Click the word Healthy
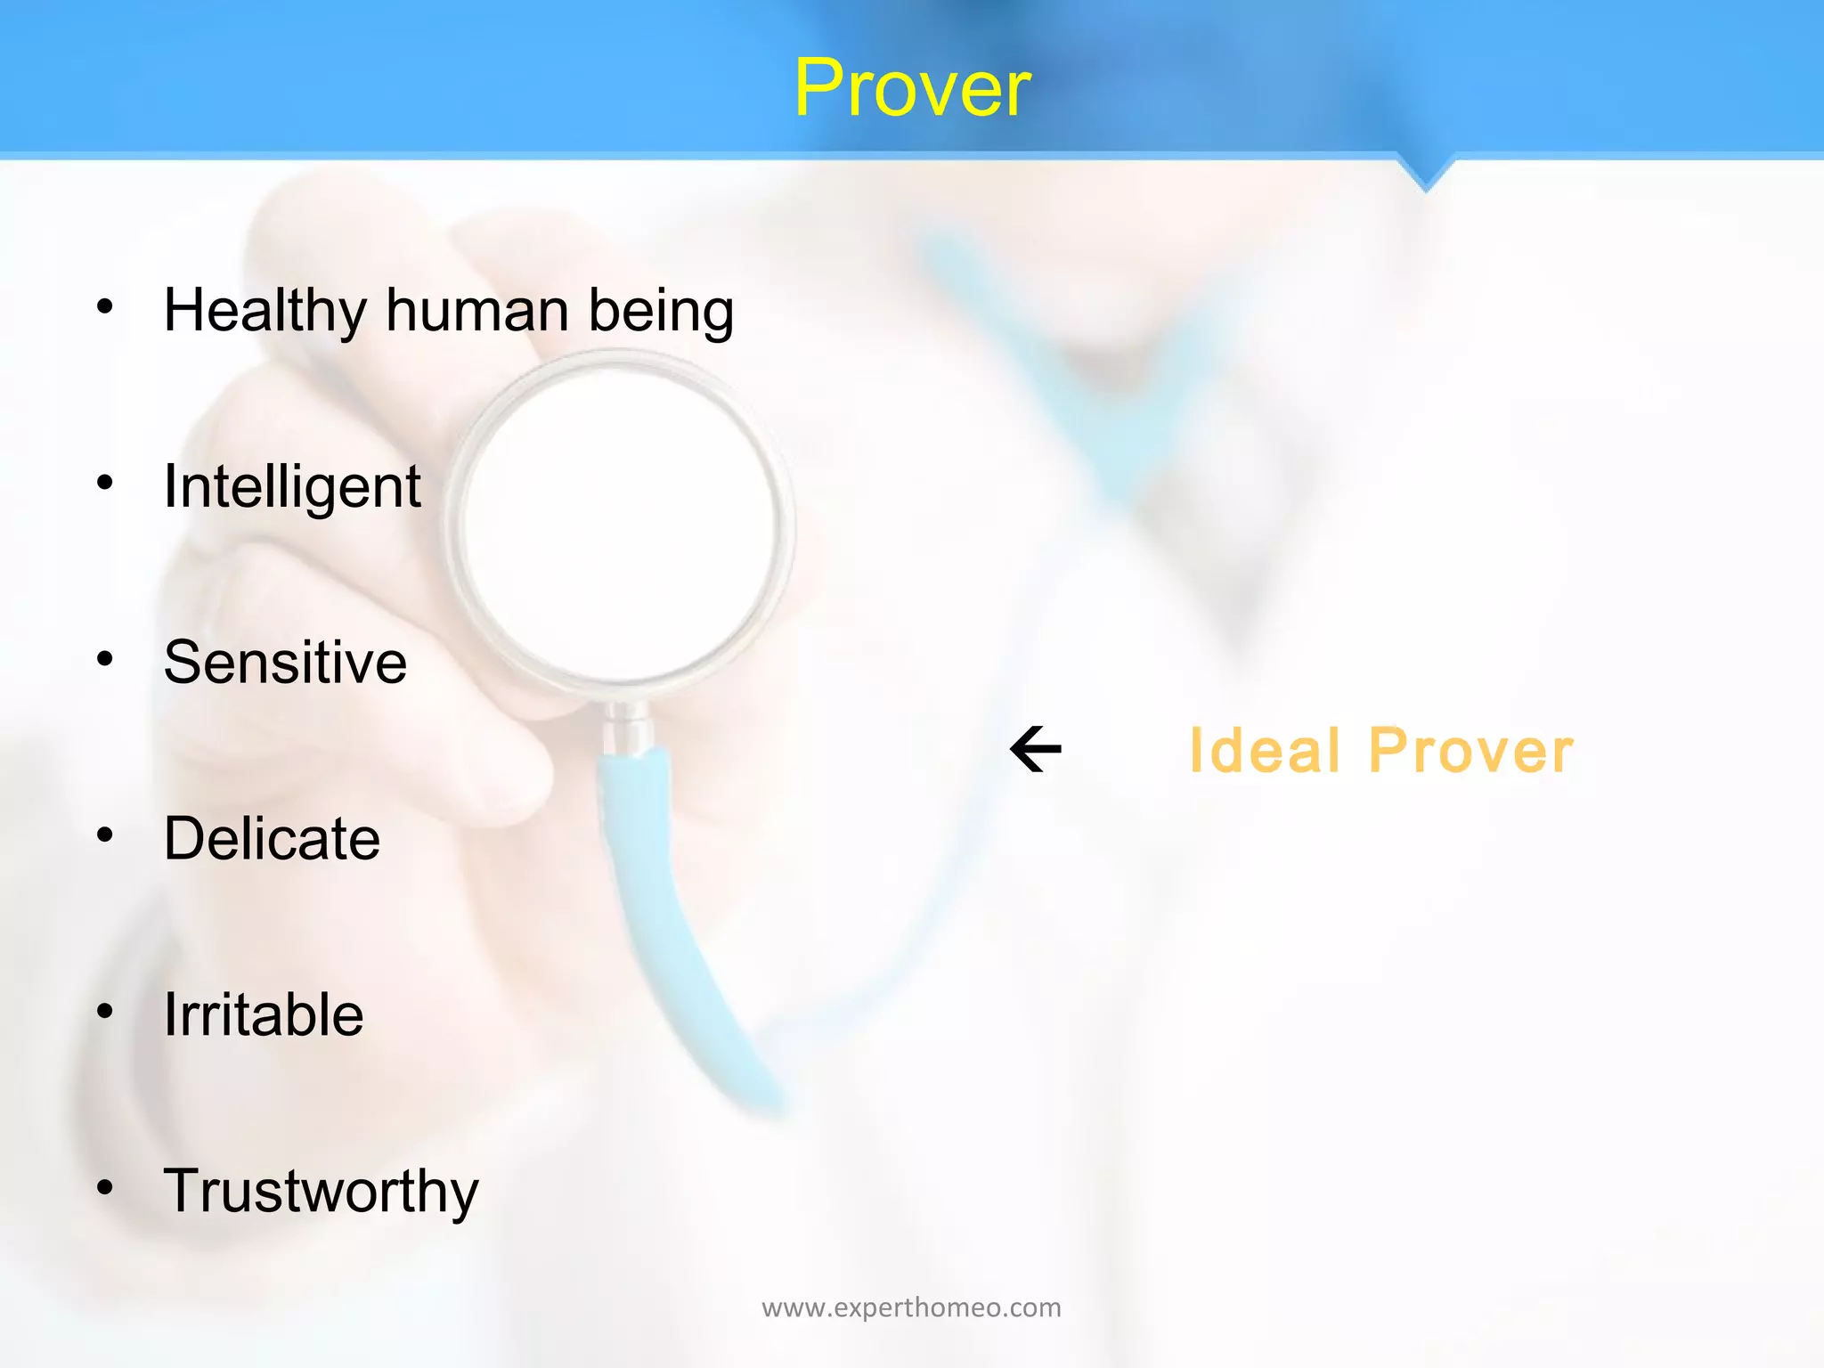click(x=265, y=312)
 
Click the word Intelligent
click(x=292, y=487)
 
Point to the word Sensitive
click(x=285, y=663)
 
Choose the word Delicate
click(x=272, y=838)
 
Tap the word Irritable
click(x=264, y=1014)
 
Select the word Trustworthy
click(x=321, y=1192)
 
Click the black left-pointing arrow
click(x=1036, y=749)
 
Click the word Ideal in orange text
click(x=1265, y=751)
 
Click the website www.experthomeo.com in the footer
click(x=911, y=1307)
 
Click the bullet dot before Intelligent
click(x=105, y=483)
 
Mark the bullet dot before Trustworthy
click(x=105, y=1187)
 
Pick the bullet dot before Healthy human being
click(x=105, y=306)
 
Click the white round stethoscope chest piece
click(x=619, y=525)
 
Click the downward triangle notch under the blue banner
click(x=1425, y=174)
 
